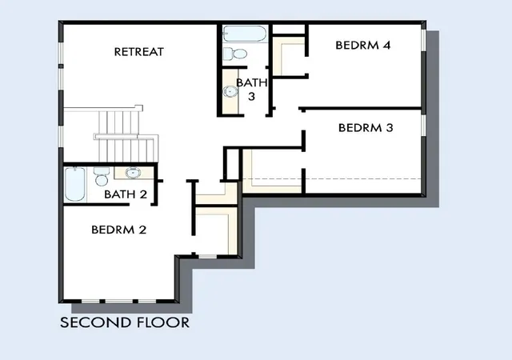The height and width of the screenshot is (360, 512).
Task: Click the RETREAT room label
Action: pyautogui.click(x=138, y=52)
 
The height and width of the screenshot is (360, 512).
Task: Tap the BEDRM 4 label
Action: pyautogui.click(x=362, y=45)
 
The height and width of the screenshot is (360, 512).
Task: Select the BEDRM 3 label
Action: pyautogui.click(x=366, y=128)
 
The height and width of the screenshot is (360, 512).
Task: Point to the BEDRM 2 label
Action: pyautogui.click(x=119, y=230)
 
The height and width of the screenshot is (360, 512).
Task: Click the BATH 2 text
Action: pyautogui.click(x=126, y=194)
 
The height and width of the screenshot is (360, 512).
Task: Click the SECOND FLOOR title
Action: pyautogui.click(x=125, y=322)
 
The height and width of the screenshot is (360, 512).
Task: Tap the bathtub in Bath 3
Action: pyautogui.click(x=245, y=34)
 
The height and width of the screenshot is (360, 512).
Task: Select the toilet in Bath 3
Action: pyautogui.click(x=235, y=54)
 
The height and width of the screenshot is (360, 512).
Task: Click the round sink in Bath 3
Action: pyautogui.click(x=230, y=91)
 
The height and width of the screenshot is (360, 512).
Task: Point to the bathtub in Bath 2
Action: pyautogui.click(x=75, y=184)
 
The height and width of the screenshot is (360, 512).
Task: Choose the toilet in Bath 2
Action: pyautogui.click(x=102, y=177)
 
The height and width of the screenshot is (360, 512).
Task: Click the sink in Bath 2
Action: pyautogui.click(x=133, y=173)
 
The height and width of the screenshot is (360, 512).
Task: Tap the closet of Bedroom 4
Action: pyautogui.click(x=289, y=56)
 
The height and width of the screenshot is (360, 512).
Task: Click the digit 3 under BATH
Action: pyautogui.click(x=251, y=96)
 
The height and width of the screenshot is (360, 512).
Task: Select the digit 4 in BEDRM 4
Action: pyautogui.click(x=386, y=45)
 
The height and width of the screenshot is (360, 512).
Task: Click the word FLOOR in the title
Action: pyautogui.click(x=163, y=322)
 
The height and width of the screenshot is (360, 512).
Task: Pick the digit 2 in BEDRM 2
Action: pyautogui.click(x=142, y=230)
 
